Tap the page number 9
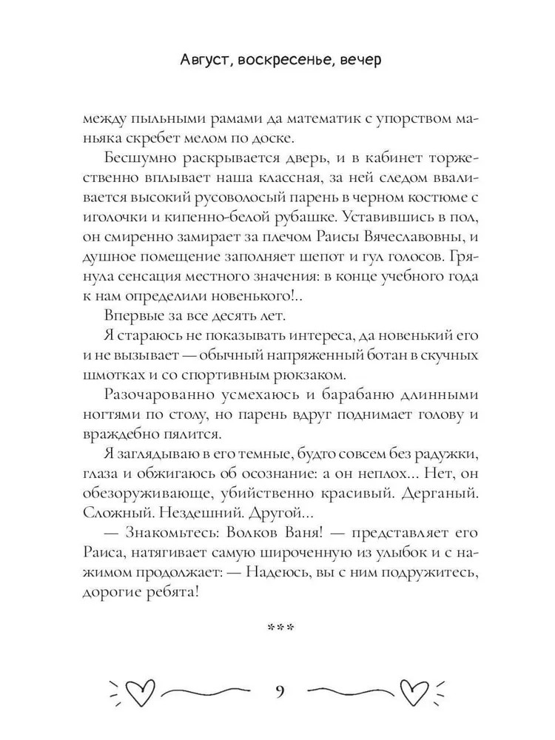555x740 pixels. pyautogui.click(x=278, y=693)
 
